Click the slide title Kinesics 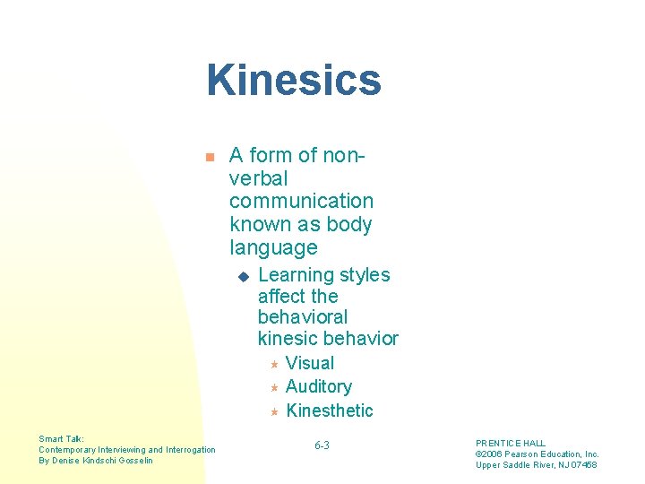[x=294, y=80]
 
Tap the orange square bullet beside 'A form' [x=209, y=157]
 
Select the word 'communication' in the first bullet [x=301, y=201]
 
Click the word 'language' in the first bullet [x=273, y=247]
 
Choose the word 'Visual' [x=309, y=363]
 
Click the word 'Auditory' [x=318, y=386]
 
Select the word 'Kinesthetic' [x=329, y=411]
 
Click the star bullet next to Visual [x=274, y=363]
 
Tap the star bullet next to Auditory [x=274, y=387]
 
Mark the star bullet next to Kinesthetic [x=274, y=411]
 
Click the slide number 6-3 [x=322, y=445]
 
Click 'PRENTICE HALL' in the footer [x=510, y=444]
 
